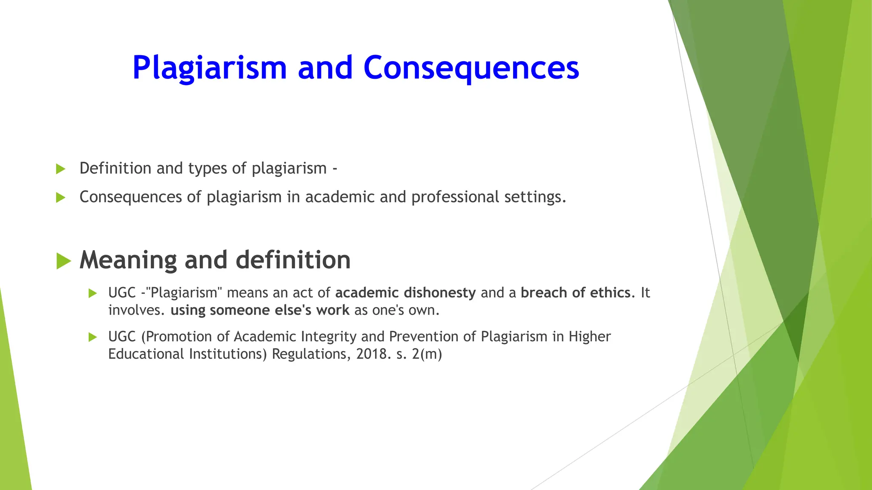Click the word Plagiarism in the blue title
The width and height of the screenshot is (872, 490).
click(x=209, y=68)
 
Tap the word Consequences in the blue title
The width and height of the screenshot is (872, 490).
click(x=471, y=68)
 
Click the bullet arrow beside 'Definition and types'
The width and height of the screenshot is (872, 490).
click(x=60, y=169)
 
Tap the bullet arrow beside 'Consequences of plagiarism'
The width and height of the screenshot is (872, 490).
click(x=60, y=198)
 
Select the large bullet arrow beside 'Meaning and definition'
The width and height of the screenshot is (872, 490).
click(x=63, y=261)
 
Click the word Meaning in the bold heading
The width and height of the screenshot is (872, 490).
click(x=128, y=260)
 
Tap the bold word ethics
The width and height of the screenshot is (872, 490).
click(x=612, y=293)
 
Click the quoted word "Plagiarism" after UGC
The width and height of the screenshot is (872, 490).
click(x=184, y=293)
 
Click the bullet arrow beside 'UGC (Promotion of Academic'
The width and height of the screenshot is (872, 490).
click(x=93, y=337)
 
